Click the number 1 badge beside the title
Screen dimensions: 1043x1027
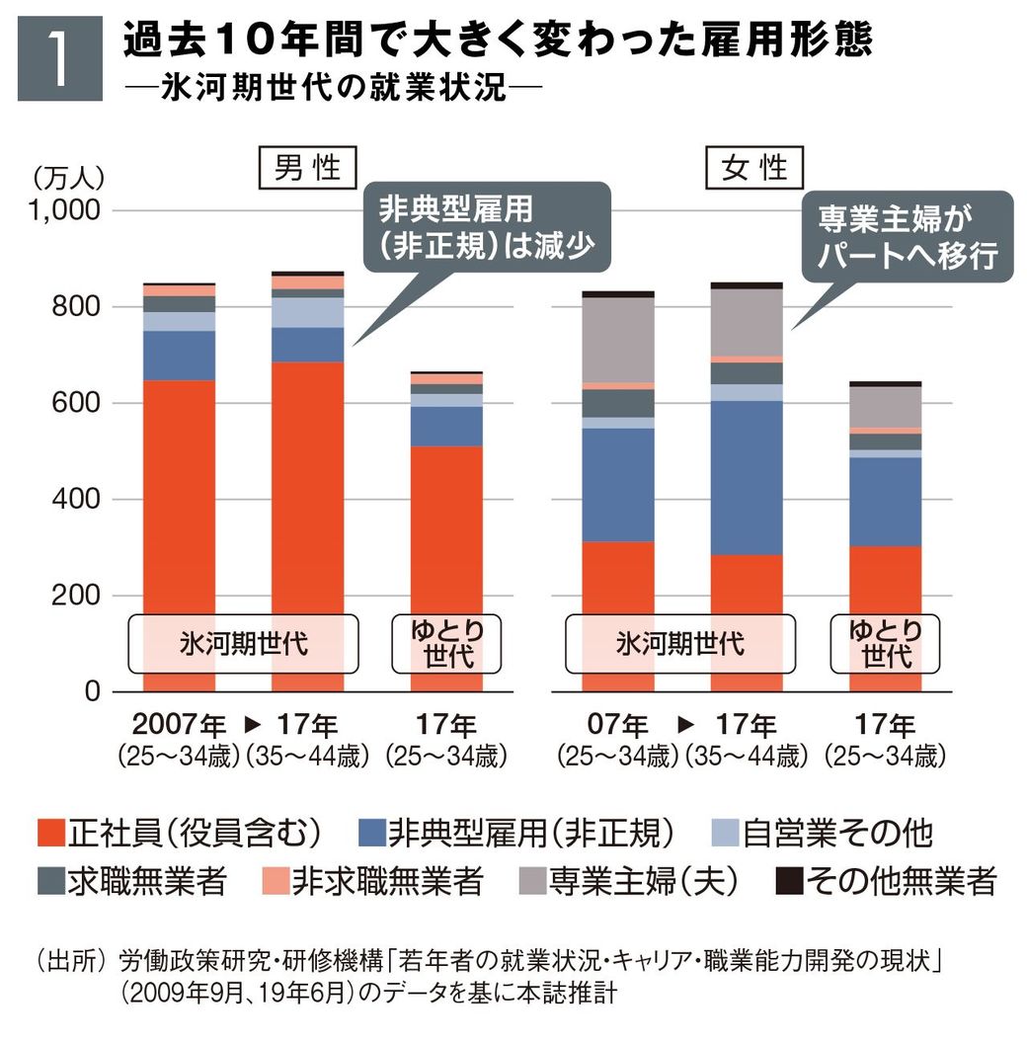pos(59,58)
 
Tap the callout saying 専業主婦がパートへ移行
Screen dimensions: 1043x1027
pos(908,237)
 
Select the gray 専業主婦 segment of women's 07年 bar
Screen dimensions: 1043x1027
pos(618,340)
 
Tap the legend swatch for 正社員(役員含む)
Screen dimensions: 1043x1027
pos(49,833)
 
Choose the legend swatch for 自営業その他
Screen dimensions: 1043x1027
pos(724,833)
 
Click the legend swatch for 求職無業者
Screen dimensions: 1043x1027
pos(49,880)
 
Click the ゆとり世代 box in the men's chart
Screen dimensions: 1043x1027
pos(447,645)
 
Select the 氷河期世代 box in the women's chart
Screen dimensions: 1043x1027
pos(680,645)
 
